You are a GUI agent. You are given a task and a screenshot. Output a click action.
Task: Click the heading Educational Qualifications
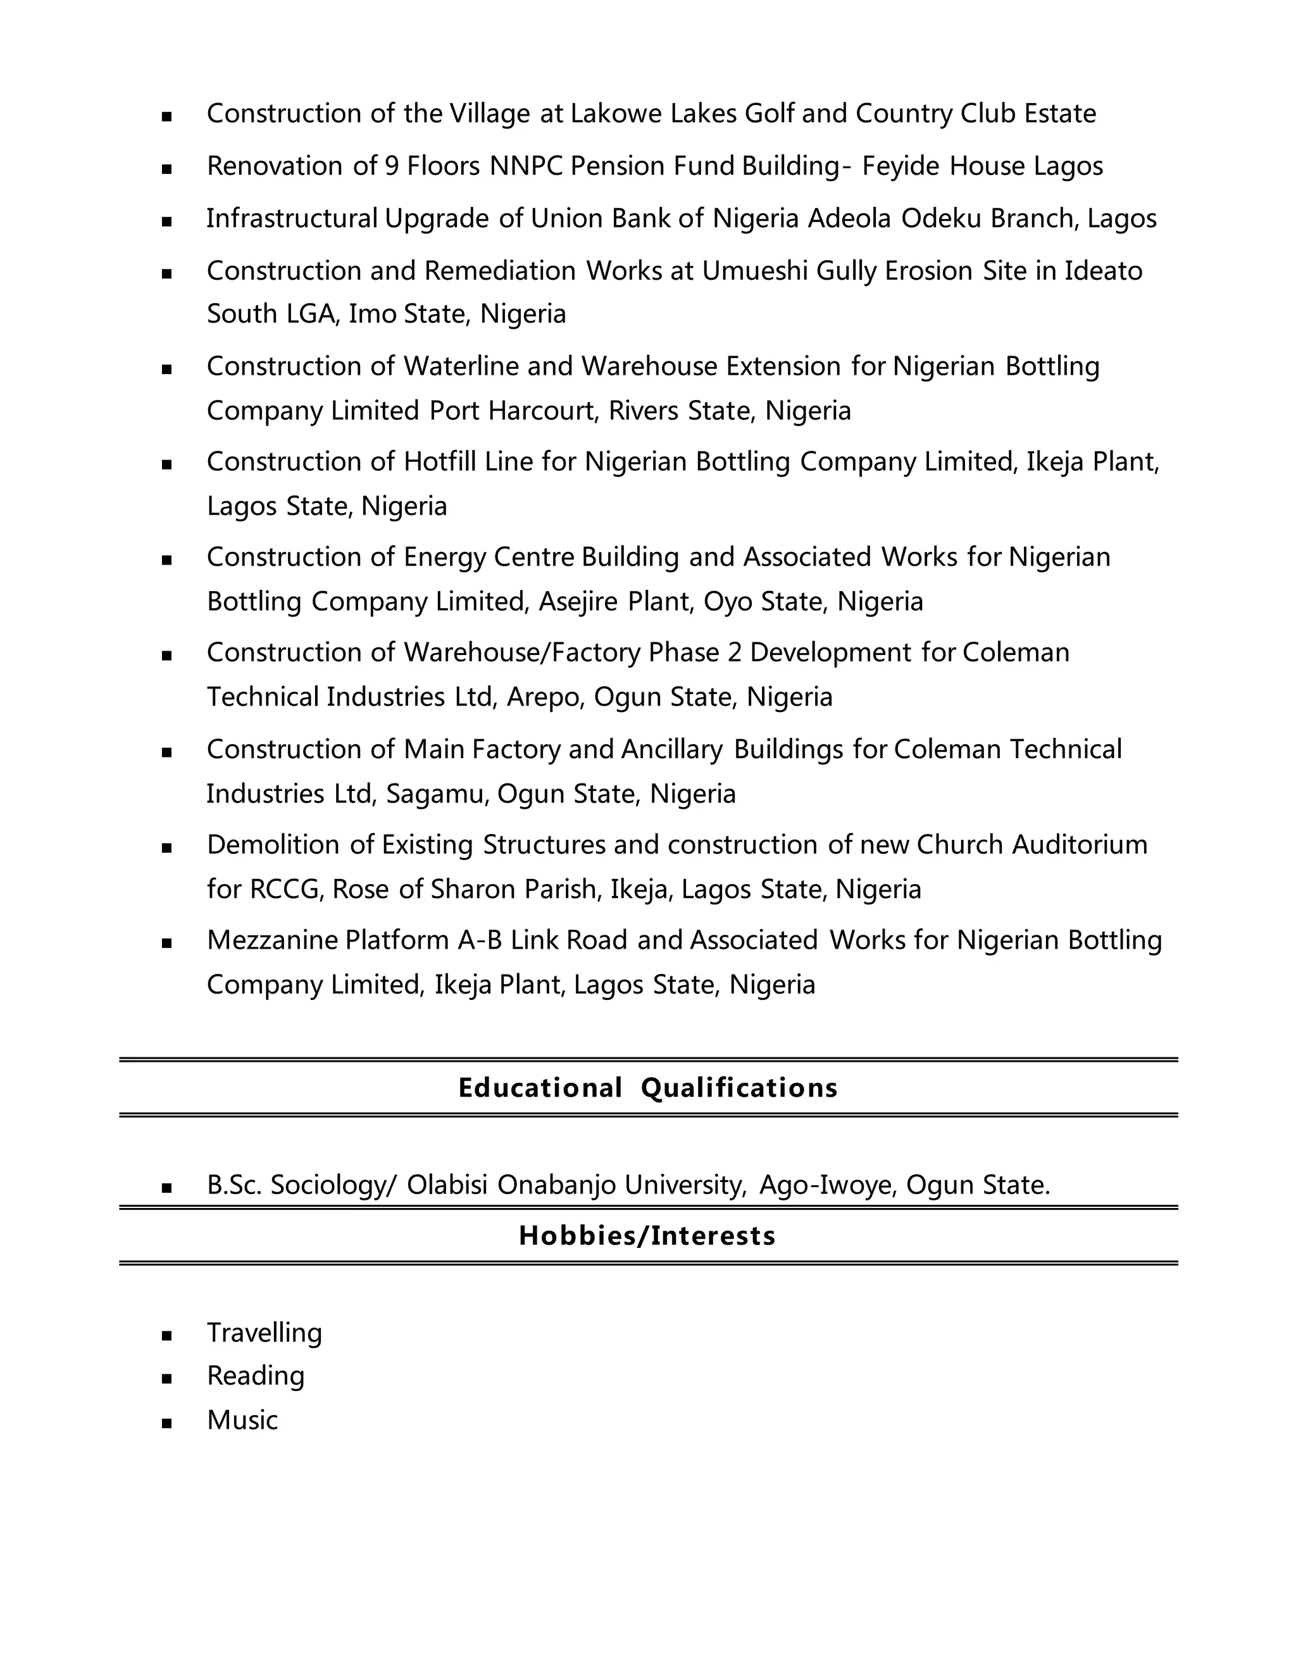[647, 1087]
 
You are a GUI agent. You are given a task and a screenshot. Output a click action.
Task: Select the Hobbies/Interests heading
[647, 1235]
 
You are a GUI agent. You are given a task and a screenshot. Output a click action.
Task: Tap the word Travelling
[264, 1332]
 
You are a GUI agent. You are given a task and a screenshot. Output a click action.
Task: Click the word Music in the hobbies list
[242, 1420]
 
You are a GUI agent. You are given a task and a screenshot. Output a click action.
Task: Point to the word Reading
[256, 1375]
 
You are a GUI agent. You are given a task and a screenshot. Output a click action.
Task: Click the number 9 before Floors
[392, 166]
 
